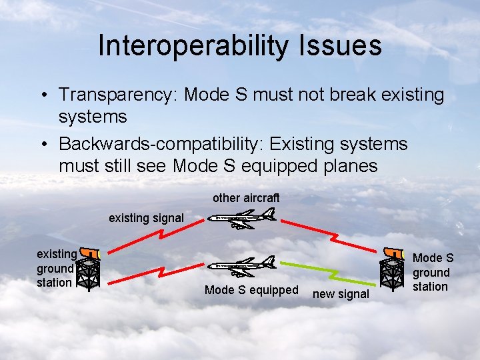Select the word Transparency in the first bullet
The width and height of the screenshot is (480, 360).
coord(115,95)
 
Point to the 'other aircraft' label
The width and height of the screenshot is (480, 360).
coord(246,198)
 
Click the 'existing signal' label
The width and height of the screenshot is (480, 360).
coord(146,218)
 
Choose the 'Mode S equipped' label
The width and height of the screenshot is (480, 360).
coord(251,290)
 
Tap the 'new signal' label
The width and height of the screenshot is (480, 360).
coord(340,294)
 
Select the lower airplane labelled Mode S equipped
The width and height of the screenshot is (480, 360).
coord(241,267)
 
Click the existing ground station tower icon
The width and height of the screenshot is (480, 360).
coord(88,270)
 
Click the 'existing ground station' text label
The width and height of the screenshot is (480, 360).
coord(55,268)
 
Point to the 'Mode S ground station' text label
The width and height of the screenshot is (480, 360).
coord(431,272)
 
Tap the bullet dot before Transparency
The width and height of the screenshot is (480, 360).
coord(42,95)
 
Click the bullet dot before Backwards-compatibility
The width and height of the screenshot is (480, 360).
coord(42,145)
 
